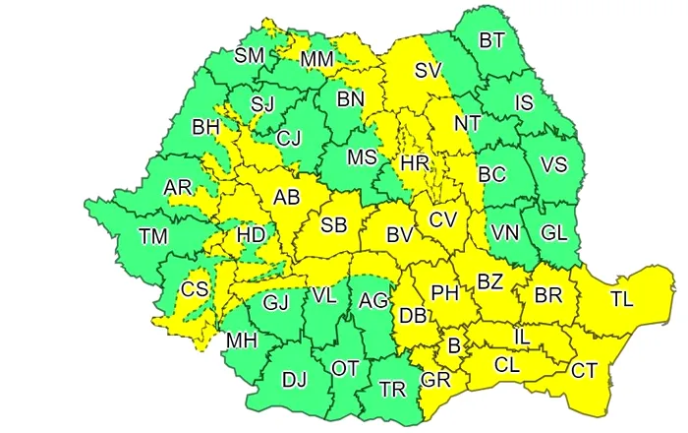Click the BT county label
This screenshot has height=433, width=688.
[491, 40]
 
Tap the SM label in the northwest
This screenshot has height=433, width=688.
[249, 55]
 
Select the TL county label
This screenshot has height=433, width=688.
[622, 298]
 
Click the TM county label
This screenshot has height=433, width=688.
[152, 236]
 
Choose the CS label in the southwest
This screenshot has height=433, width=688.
[196, 290]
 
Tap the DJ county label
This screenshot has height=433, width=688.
[294, 379]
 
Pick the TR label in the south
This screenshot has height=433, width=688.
[393, 389]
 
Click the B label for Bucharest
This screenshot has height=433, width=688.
[454, 345]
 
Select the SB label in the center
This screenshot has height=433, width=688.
[334, 225]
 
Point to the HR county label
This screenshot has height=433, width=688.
[414, 161]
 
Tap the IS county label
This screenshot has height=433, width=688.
[524, 102]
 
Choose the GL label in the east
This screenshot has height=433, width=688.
[554, 233]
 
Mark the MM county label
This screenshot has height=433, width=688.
[317, 60]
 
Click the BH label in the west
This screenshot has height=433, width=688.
[205, 127]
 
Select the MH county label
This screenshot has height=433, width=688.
[241, 341]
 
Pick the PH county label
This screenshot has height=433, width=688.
[445, 292]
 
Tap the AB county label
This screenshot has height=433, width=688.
[286, 198]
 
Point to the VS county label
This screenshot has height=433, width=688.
[553, 164]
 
